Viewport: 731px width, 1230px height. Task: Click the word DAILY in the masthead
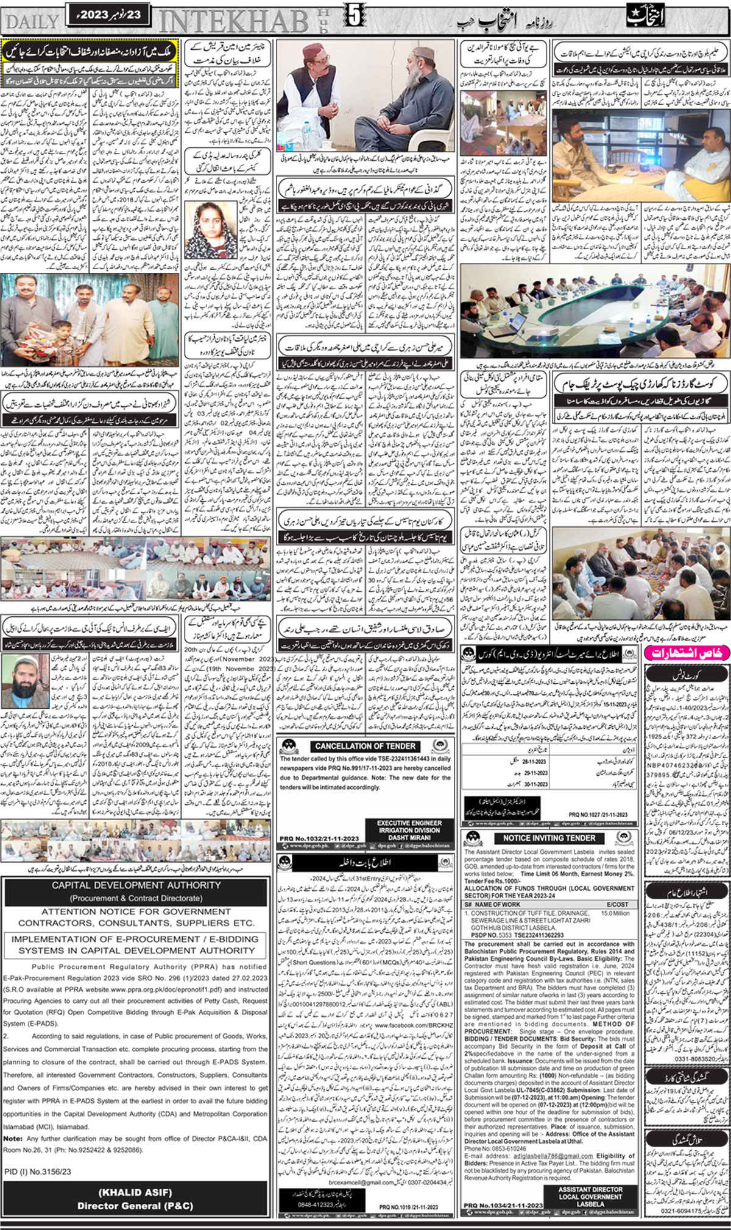32,22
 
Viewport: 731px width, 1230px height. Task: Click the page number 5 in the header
353,16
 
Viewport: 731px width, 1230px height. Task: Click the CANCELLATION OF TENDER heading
365,746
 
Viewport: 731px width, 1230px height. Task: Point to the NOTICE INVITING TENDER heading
549,838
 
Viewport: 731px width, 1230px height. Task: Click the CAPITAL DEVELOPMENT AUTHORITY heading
136,885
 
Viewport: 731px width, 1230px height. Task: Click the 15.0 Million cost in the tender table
615,913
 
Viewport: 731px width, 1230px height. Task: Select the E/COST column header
616,905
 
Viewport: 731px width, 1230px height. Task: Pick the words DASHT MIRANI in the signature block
409,837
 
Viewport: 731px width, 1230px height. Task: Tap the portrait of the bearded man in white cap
25,681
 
